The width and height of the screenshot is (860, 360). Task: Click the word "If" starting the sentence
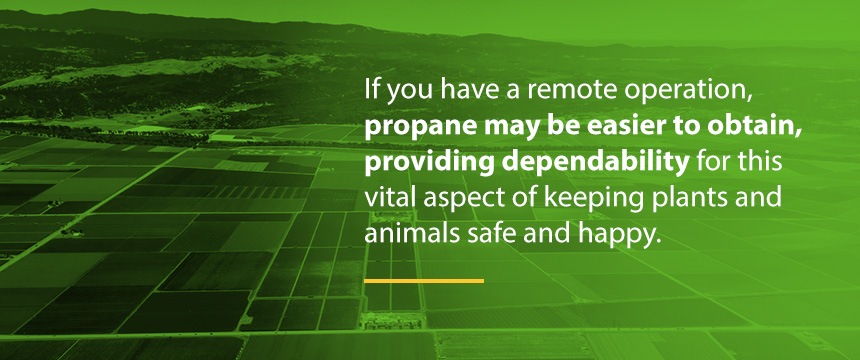pyautogui.click(x=371, y=90)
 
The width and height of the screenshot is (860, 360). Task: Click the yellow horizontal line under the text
pyautogui.click(x=424, y=281)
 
